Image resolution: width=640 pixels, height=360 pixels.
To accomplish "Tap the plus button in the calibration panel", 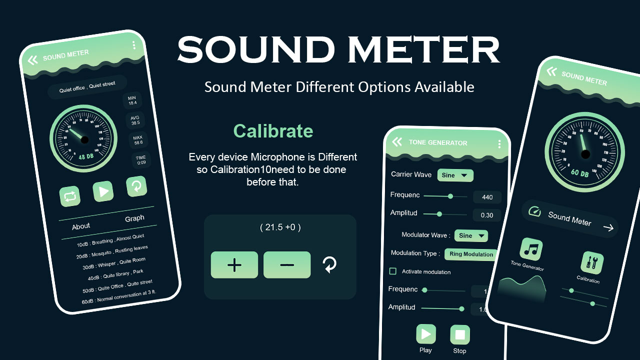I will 234,265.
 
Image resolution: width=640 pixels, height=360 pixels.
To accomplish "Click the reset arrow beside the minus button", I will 329,264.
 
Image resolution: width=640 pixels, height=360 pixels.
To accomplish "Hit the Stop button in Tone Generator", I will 460,334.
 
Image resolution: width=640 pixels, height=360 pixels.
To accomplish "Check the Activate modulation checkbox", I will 393,271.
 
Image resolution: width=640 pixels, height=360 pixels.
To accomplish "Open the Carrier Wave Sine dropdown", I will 455,175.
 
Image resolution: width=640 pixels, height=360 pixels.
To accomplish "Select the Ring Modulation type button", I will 471,254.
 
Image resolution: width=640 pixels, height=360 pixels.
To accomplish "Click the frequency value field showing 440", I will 487,197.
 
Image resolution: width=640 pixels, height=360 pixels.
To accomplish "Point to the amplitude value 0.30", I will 486,215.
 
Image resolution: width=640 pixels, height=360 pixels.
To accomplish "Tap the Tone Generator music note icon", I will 531,249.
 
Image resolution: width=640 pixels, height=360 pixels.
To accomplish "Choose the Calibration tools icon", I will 591,262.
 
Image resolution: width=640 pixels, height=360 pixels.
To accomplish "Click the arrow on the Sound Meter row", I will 608,228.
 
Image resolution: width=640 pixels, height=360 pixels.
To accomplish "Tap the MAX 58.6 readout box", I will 138,140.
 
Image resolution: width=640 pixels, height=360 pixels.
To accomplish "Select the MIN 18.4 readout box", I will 132,100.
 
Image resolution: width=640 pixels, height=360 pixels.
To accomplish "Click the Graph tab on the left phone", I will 134,218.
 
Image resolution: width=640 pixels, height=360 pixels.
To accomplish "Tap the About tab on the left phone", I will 81,226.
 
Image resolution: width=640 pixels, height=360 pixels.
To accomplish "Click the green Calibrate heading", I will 273,131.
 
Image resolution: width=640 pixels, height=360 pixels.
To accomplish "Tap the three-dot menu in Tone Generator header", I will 499,144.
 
